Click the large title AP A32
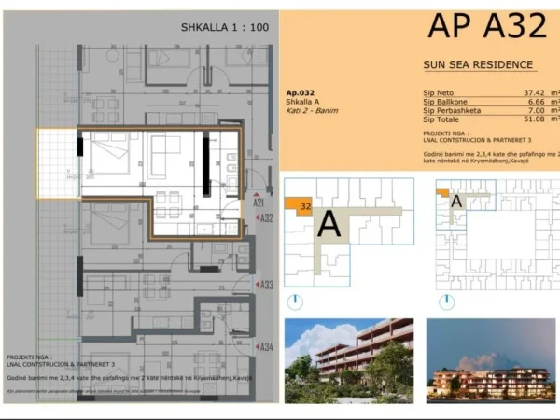pyautogui.click(x=486, y=26)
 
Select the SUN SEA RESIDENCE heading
pyautogui.click(x=479, y=64)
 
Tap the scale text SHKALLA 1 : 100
pyautogui.click(x=224, y=28)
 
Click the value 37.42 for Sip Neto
pyautogui.click(x=533, y=93)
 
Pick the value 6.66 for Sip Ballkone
pyautogui.click(x=533, y=102)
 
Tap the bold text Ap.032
pyautogui.click(x=300, y=92)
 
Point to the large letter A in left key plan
pyautogui.click(x=329, y=225)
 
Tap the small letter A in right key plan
pyautogui.click(x=455, y=199)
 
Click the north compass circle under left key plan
pyautogui.click(x=295, y=301)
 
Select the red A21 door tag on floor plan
pyautogui.click(x=259, y=203)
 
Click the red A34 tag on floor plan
pyautogui.click(x=266, y=346)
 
